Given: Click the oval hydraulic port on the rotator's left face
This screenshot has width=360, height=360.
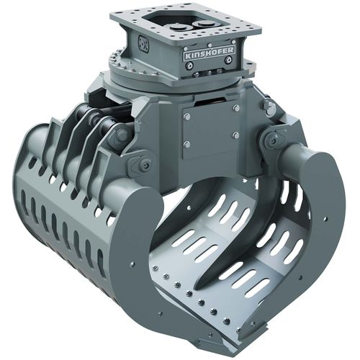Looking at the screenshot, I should pos(143,45).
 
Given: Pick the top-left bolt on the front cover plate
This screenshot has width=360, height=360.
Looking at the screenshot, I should pos(186,115).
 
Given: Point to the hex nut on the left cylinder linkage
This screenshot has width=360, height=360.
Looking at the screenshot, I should pos(121,134).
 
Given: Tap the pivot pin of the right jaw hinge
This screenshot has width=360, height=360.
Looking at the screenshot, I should pos(271,143).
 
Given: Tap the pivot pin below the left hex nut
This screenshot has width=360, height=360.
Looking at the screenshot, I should pos(145,165).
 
